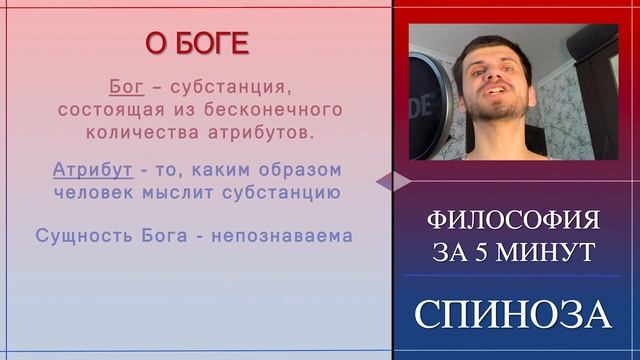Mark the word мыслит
(x=190, y=191)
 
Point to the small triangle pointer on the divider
(x=393, y=180)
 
